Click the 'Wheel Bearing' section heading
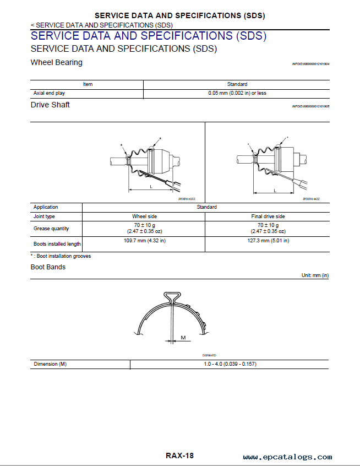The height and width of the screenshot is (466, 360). [x=57, y=62]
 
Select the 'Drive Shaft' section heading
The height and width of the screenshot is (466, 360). [x=50, y=105]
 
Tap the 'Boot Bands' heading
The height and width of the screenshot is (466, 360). [x=48, y=267]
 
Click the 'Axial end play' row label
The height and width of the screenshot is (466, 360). [x=49, y=93]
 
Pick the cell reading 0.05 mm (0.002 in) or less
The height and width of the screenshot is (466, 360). [x=237, y=93]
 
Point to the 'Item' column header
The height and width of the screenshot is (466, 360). [x=88, y=84]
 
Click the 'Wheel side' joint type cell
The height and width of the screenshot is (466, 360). [x=144, y=216]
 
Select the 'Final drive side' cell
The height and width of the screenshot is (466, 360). [x=268, y=216]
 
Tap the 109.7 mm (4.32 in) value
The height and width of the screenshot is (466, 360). [x=144, y=241]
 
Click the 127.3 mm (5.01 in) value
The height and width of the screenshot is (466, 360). [x=268, y=241]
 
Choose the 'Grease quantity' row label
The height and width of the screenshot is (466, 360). [x=51, y=229]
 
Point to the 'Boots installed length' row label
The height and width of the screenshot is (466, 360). [x=57, y=244]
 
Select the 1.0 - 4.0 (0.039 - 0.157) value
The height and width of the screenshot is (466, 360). [x=230, y=364]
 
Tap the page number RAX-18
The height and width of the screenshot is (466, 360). [x=179, y=456]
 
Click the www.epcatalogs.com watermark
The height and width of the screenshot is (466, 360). [x=287, y=457]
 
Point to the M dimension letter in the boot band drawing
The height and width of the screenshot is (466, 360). [x=183, y=337]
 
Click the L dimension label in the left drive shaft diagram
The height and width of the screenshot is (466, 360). [x=150, y=187]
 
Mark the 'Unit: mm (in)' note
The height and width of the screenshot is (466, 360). [x=315, y=275]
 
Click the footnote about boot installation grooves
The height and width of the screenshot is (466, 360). [x=61, y=256]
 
